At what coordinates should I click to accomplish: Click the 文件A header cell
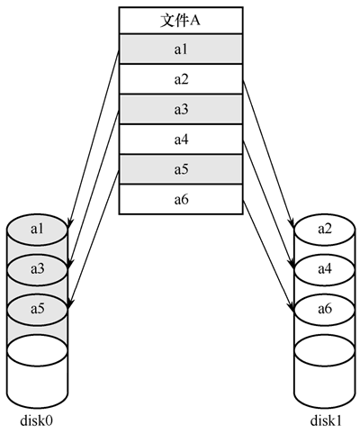[x=181, y=21]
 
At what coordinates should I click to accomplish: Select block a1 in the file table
[x=181, y=49]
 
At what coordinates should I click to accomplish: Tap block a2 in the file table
[x=181, y=79]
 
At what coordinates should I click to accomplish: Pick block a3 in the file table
[x=181, y=109]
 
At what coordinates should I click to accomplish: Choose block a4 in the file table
[x=181, y=140]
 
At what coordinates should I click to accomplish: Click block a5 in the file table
[x=181, y=169]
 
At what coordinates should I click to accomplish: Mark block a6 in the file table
[x=181, y=199]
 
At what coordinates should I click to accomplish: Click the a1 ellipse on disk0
[x=37, y=230]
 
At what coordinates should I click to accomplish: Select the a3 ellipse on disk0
[x=37, y=269]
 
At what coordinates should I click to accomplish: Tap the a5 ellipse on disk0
[x=37, y=309]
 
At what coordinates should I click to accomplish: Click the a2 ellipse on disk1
[x=325, y=230]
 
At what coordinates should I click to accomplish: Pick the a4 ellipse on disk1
[x=325, y=269]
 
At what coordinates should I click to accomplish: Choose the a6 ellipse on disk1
[x=325, y=309]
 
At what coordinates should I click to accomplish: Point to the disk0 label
[x=36, y=420]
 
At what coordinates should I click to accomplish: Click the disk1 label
[x=326, y=420]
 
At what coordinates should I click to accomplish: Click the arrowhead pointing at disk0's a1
[x=69, y=222]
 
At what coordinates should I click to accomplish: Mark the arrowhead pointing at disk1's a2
[x=292, y=222]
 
